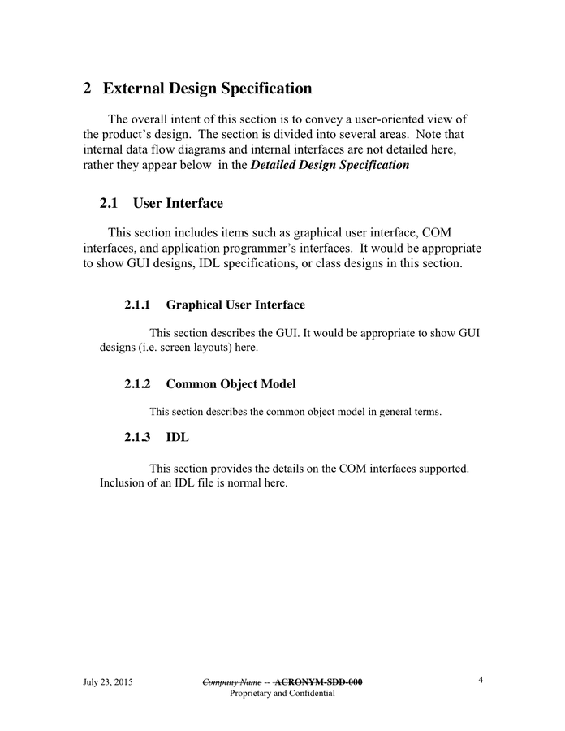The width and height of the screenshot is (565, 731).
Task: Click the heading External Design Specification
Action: click(207, 88)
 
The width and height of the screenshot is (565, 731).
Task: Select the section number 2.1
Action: click(110, 203)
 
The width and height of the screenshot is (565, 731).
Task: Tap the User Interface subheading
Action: click(178, 203)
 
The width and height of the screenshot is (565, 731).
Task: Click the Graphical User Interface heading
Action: click(235, 305)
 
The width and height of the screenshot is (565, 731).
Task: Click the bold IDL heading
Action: click(177, 438)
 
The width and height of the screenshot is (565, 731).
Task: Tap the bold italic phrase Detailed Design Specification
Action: click(330, 165)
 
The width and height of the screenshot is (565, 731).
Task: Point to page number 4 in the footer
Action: click(481, 681)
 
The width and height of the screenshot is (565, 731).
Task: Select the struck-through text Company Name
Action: click(231, 682)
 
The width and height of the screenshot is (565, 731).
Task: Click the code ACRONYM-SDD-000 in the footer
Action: click(319, 682)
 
